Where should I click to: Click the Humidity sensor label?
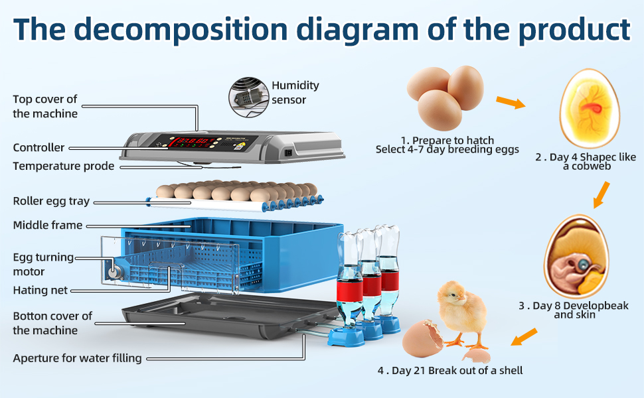[295, 92]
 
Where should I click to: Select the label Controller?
[39, 147]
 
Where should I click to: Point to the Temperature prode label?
[64, 166]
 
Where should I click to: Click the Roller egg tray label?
[51, 201]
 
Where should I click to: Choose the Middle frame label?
[48, 225]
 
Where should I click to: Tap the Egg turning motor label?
[43, 264]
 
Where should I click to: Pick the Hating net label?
[40, 290]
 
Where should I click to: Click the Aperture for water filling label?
[77, 358]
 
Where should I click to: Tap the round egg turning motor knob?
[114, 273]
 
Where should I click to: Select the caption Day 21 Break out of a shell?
[450, 370]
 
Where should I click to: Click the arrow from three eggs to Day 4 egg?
[511, 102]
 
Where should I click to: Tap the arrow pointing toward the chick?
[524, 336]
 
